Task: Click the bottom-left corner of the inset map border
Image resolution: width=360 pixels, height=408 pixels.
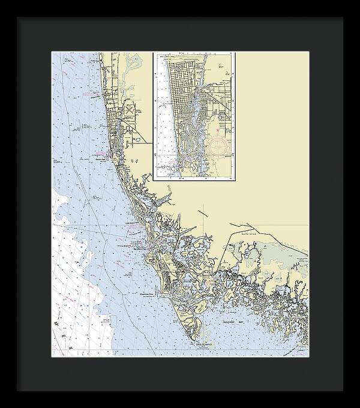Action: click(x=154, y=179)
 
